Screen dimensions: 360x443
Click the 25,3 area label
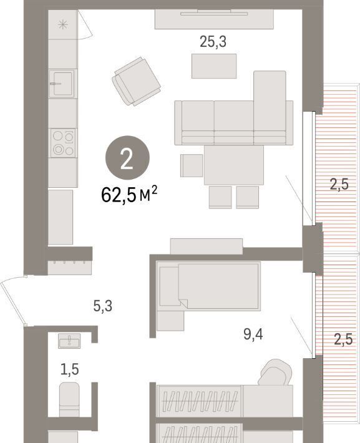pyautogui.click(x=213, y=42)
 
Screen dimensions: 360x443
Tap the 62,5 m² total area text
pyautogui.click(x=129, y=195)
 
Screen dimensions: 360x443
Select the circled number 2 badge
pyautogui.click(x=127, y=158)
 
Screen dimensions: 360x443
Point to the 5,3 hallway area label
pyautogui.click(x=102, y=306)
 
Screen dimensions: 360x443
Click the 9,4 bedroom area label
pyautogui.click(x=253, y=334)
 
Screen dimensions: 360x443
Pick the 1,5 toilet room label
pyautogui.click(x=69, y=369)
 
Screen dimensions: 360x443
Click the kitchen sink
pyautogui.click(x=62, y=84)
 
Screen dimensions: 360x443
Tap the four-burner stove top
pyautogui.click(x=63, y=143)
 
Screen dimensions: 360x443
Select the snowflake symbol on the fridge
pyautogui.click(x=63, y=25)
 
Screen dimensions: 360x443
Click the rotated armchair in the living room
pyautogui.click(x=137, y=81)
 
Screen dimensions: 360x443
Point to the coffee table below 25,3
pyautogui.click(x=214, y=66)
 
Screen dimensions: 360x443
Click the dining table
pyautogui.click(x=234, y=165)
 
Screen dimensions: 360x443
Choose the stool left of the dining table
pyautogui.click(x=192, y=165)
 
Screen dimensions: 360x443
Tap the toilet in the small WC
pyautogui.click(x=69, y=399)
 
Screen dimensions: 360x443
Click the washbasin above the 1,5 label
pyautogui.click(x=69, y=341)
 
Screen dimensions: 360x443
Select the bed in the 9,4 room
pyautogui.click(x=208, y=286)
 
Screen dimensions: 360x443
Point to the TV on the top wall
pyautogui.click(x=214, y=12)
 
